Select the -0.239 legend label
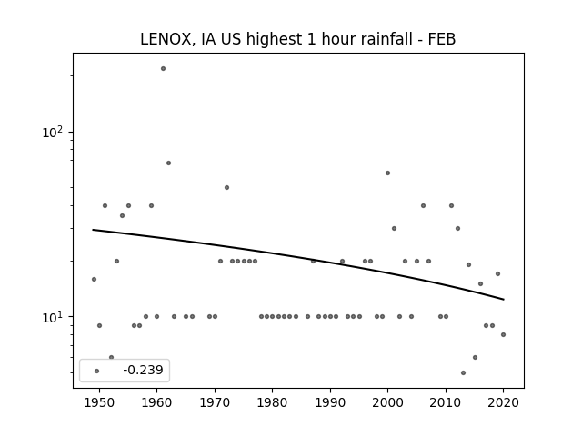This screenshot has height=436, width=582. [143, 370]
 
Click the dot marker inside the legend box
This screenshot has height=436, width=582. [96, 371]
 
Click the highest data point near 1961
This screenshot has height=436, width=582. [163, 68]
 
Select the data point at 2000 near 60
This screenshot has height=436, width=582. [387, 173]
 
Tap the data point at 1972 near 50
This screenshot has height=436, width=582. [226, 187]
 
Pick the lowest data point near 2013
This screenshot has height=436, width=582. [463, 372]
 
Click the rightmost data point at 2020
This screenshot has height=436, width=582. [503, 334]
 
